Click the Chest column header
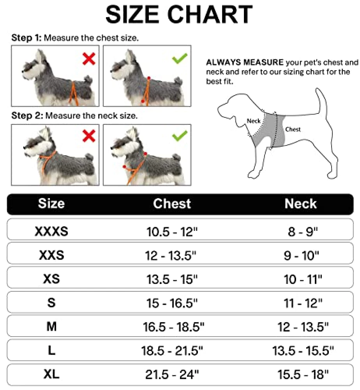click(172, 204)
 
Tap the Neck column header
click(301, 204)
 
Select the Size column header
click(51, 204)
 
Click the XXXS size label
click(51, 231)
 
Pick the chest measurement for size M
click(173, 326)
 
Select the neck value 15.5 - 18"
click(303, 374)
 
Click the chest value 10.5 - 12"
click(172, 232)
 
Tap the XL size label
click(51, 374)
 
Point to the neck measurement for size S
click(303, 303)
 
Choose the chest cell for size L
click(172, 351)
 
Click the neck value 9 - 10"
click(302, 255)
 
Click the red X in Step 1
click(89, 59)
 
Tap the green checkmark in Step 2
click(180, 136)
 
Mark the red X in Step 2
click(89, 136)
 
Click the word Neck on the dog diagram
click(253, 121)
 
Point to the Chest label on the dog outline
click(293, 129)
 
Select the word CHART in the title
click(210, 14)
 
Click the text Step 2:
click(27, 116)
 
